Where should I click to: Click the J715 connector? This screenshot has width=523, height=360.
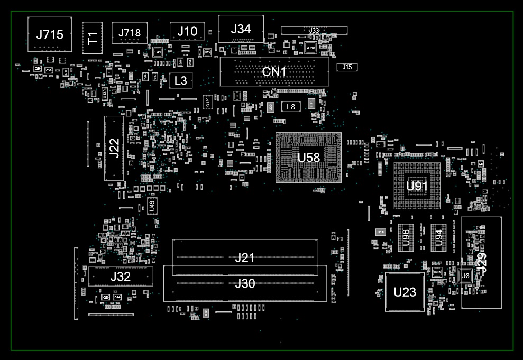(x=49, y=34)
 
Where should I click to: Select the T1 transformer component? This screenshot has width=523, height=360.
(x=92, y=38)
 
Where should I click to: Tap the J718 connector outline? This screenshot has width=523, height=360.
(x=130, y=33)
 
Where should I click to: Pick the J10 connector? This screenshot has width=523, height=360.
(x=187, y=31)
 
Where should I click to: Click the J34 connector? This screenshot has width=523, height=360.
(x=241, y=29)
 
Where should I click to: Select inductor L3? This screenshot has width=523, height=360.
(x=181, y=81)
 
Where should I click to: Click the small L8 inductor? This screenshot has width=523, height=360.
(x=290, y=107)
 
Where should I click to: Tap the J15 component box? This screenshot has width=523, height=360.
(x=347, y=67)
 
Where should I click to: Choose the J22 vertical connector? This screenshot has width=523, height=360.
(x=114, y=149)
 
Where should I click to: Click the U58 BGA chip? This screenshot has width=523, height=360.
(x=309, y=158)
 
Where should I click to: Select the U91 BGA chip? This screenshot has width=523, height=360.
(x=417, y=186)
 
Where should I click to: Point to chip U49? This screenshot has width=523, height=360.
(x=152, y=206)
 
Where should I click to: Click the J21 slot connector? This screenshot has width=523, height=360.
(x=245, y=257)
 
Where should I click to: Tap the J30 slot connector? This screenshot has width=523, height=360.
(x=245, y=284)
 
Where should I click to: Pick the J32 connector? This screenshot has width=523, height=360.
(x=121, y=276)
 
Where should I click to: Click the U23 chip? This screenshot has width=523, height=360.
(x=405, y=292)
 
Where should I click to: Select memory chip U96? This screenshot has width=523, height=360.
(x=406, y=237)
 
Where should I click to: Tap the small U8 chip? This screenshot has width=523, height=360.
(x=465, y=275)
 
